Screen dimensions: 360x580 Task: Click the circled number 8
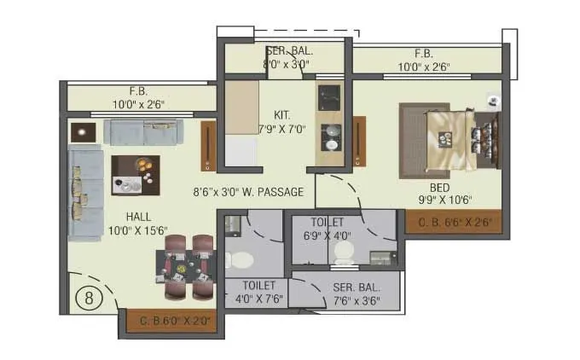tap(85, 298)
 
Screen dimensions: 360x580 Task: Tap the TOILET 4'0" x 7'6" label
tap(258, 292)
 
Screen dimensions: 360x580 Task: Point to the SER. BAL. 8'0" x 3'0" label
tap(287, 57)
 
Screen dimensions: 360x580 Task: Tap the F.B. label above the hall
tap(139, 97)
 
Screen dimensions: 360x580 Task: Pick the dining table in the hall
tap(184, 268)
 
